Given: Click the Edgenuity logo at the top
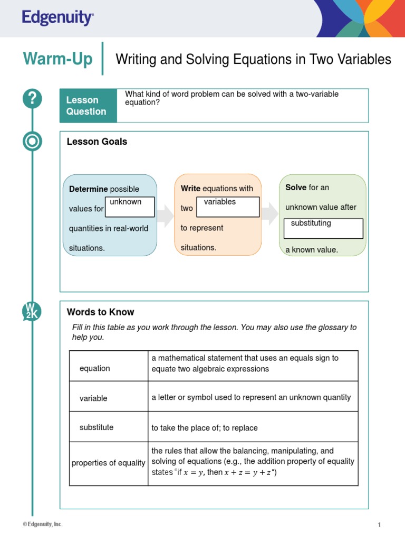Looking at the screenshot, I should coord(57,18).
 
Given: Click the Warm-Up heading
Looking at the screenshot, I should coord(57,59).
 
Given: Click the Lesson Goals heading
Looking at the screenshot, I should coord(97,142).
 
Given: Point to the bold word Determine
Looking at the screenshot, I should coord(89,189).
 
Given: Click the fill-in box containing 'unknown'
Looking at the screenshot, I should coord(130,207).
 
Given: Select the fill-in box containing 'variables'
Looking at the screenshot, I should coord(227,207).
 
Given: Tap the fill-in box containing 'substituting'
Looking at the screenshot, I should coord(323,228).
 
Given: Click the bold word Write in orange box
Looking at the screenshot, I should coord(190,189).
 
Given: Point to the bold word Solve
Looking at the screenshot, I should coord(296,187).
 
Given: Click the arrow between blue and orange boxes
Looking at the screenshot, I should coord(166,214).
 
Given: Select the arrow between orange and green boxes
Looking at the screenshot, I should coord(270,213).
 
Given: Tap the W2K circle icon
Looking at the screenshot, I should coord(32,311).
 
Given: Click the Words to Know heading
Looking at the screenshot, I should coord(101,312).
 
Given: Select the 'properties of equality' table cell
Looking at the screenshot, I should coord(109,463).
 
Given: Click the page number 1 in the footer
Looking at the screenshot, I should coord(379,525).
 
